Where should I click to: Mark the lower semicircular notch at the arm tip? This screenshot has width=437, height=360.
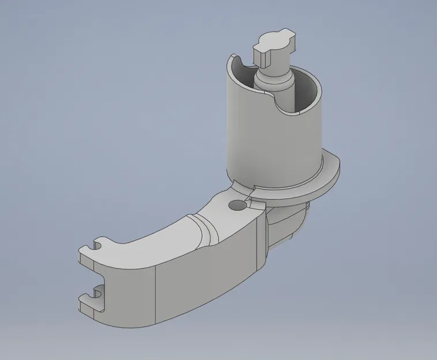point(102,294)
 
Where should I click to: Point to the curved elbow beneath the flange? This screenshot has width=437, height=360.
point(288,225)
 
